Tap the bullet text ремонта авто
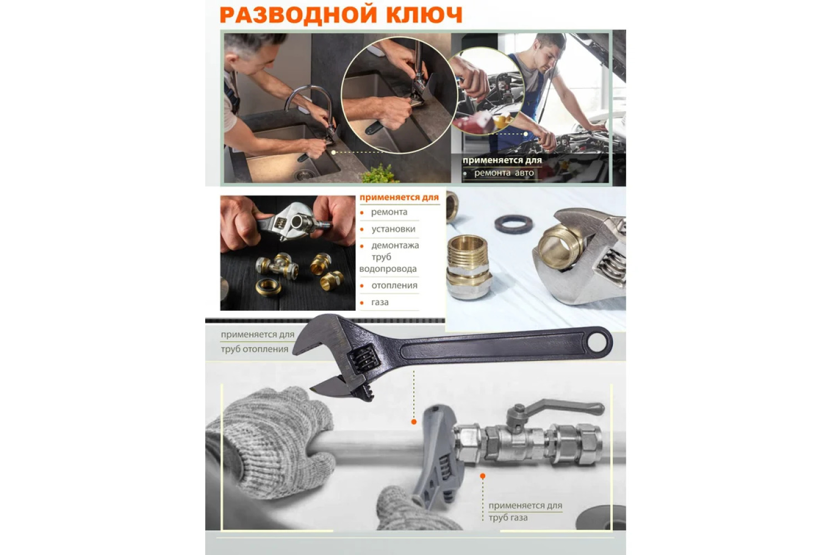coord(504,173)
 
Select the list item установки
coord(393,229)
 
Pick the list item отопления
coord(394,285)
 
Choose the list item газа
coord(379,302)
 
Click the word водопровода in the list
coord(388,269)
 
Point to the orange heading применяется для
coord(399,198)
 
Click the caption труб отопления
coord(255,349)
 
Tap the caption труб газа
coord(508,517)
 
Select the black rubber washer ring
coord(513,224)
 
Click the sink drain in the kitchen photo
coord(305,174)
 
